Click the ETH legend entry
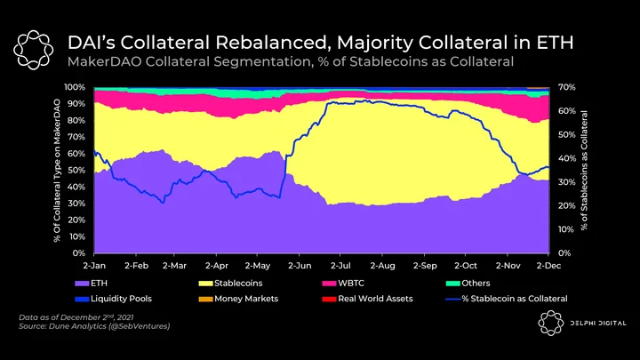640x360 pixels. coord(91,284)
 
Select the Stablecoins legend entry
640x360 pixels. coord(230,284)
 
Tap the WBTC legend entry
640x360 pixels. coord(343,284)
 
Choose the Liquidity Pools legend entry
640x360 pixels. coord(113,299)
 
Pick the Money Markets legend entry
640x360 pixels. coord(238,299)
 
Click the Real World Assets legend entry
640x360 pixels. coord(367,299)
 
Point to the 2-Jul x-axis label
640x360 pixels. coord(340,266)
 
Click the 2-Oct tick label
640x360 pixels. coord(466,266)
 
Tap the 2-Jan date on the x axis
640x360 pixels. coord(94,266)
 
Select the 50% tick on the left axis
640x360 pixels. coord(77,170)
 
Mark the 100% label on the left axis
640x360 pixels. coord(75,87)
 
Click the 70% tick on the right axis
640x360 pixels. coord(567,87)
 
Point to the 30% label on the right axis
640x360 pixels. coord(567,182)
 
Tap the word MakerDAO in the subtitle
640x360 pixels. coord(104,61)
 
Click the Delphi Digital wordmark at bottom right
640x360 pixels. coord(598,324)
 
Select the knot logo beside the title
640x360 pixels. coord(33,50)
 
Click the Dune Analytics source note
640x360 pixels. coord(94,326)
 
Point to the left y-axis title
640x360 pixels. coord(57,170)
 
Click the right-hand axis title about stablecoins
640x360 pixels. coord(585,170)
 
